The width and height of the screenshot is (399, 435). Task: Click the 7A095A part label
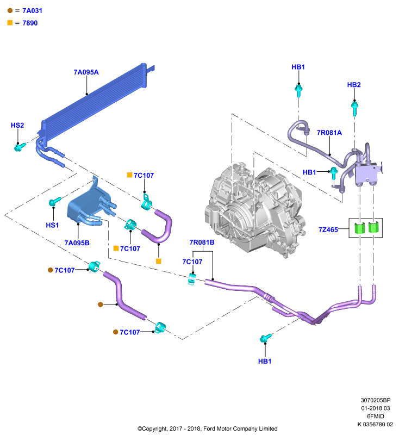(86, 72)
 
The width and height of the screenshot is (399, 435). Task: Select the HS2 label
(17, 126)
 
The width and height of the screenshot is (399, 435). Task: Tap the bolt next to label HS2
(20, 147)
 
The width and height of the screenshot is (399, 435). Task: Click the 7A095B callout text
(77, 243)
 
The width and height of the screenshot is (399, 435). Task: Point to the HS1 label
(52, 225)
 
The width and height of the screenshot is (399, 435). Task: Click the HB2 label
(354, 85)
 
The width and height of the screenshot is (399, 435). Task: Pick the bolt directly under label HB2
(354, 108)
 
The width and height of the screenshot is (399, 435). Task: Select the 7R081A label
(329, 133)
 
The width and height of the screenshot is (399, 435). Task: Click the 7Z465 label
(328, 229)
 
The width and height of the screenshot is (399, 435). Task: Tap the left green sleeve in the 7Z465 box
(359, 228)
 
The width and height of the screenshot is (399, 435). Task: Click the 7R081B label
(202, 243)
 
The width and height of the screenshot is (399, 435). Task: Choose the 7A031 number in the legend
(32, 11)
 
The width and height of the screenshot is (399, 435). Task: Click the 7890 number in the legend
(30, 23)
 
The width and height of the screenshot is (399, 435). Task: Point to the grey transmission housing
(255, 211)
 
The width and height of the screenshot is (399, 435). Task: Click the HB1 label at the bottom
(265, 361)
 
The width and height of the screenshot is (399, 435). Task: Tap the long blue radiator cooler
(94, 105)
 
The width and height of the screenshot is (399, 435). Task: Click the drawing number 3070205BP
(376, 400)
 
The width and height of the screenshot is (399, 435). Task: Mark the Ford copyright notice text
(208, 428)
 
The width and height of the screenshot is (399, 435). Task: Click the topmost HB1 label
(298, 67)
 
